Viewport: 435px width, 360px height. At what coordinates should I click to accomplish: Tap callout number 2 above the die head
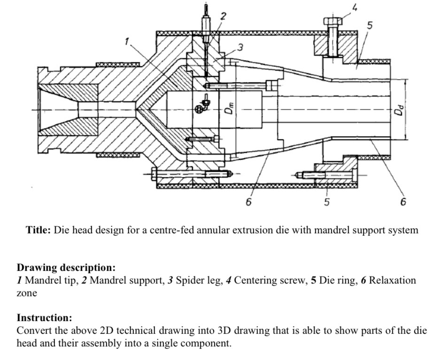tap(224, 16)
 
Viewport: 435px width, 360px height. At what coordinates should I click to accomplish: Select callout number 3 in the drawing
tap(240, 47)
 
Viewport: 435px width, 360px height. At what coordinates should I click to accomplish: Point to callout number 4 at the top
tap(355, 7)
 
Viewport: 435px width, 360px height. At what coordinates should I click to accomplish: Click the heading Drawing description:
tap(66, 268)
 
